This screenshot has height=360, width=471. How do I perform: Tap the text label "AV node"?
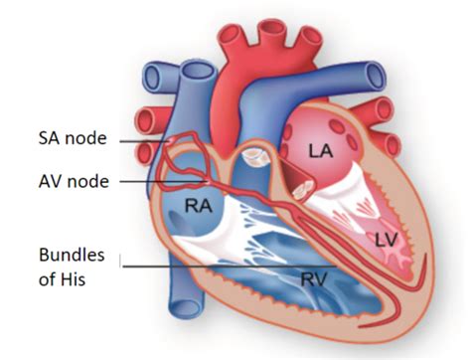click(x=73, y=182)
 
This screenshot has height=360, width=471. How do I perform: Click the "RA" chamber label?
click(x=198, y=207)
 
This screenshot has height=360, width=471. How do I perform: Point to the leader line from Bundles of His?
click(x=229, y=267)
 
